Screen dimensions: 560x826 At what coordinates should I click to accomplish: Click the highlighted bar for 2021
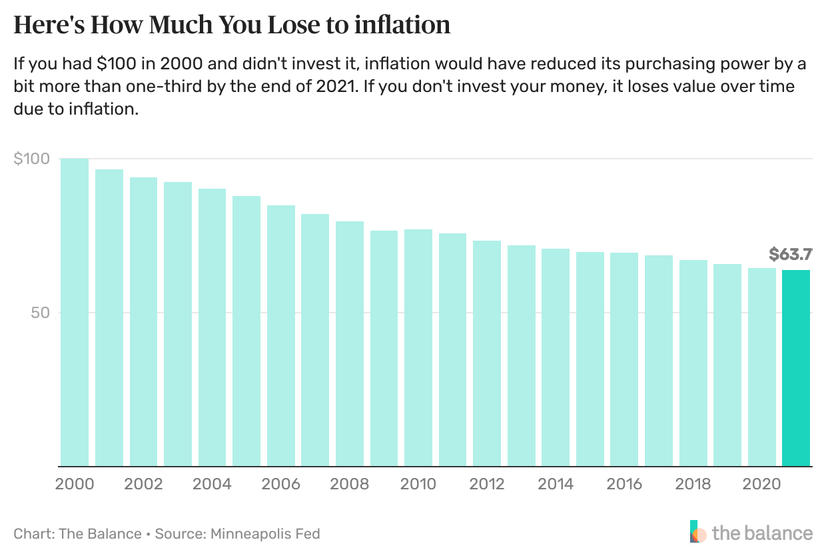pyautogui.click(x=796, y=368)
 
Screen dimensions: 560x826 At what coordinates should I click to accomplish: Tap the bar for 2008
pyautogui.click(x=350, y=343)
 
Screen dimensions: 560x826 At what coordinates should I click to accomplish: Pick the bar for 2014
pyautogui.click(x=556, y=357)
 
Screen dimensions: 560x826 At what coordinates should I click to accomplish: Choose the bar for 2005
pyautogui.click(x=246, y=331)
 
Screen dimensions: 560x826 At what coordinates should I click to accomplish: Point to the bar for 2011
pyautogui.click(x=452, y=349)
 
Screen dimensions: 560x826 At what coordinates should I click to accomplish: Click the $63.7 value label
pyautogui.click(x=790, y=254)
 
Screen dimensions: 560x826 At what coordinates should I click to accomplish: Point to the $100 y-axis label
pyautogui.click(x=31, y=159)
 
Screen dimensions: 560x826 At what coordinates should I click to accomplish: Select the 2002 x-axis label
pyautogui.click(x=143, y=484)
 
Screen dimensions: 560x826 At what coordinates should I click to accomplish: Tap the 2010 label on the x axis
pyautogui.click(x=418, y=484)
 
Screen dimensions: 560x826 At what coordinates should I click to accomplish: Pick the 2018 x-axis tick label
pyautogui.click(x=693, y=484)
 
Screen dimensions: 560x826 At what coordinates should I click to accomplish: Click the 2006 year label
pyautogui.click(x=281, y=484)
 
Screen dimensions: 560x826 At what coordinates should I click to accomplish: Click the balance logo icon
pyautogui.click(x=697, y=533)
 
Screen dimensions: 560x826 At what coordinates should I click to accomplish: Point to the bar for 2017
pyautogui.click(x=659, y=361)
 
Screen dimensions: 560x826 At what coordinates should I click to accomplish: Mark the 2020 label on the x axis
pyautogui.click(x=762, y=484)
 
